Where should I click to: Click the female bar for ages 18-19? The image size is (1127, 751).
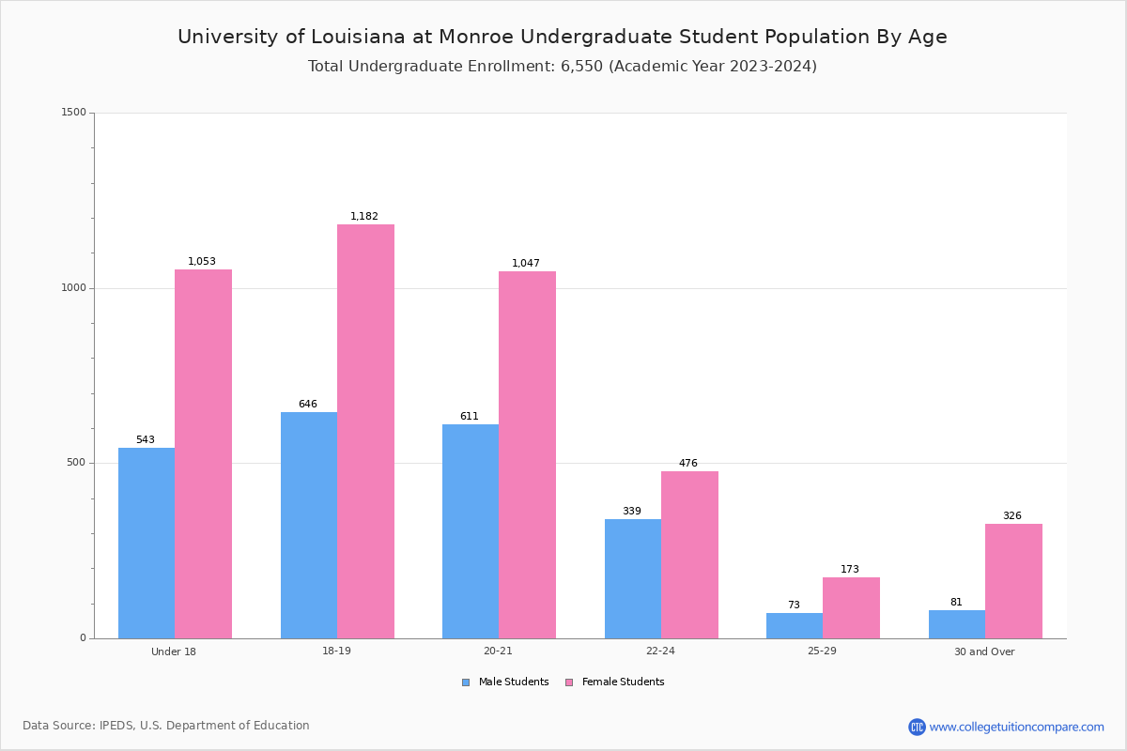(365, 431)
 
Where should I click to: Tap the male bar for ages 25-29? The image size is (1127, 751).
(795, 625)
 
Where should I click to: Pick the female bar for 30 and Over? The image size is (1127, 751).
(1013, 581)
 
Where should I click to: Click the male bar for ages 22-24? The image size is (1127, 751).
(633, 578)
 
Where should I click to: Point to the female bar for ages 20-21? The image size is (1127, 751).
(527, 454)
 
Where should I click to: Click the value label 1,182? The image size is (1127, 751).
(364, 217)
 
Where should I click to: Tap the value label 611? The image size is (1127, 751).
(470, 417)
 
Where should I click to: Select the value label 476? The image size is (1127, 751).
(688, 464)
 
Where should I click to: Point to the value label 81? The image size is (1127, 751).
(956, 603)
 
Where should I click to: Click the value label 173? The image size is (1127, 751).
(850, 570)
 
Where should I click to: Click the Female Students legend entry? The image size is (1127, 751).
(615, 682)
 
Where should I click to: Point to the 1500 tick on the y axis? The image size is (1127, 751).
(74, 113)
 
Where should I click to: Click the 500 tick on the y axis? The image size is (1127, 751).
(76, 463)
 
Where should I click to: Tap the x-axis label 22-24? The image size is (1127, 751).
(660, 651)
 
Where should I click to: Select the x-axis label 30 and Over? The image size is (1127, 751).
(984, 651)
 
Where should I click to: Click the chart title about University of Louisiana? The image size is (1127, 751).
(563, 37)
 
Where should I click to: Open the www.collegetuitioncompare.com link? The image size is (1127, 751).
(1016, 727)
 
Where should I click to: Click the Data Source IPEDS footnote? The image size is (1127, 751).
(166, 726)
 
